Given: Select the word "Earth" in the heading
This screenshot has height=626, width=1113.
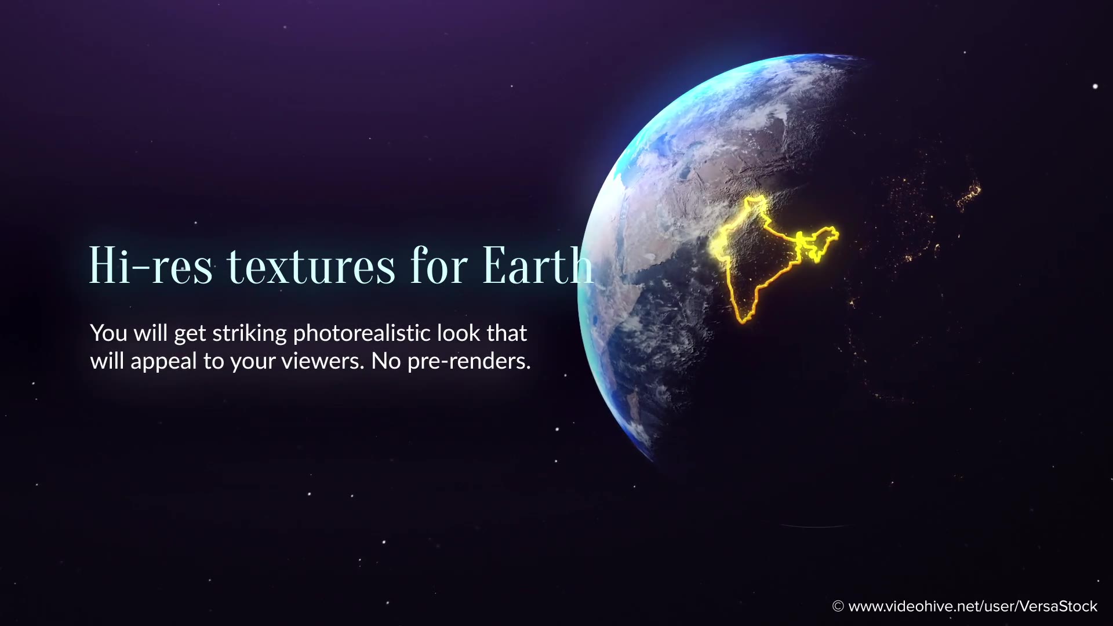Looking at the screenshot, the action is [539, 265].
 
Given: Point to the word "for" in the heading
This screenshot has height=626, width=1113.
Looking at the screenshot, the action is [439, 265].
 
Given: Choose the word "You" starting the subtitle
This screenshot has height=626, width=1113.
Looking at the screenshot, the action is [108, 333].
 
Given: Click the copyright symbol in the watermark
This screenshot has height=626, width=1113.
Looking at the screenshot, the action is [838, 606].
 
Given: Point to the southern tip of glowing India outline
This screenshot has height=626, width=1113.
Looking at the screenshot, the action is [743, 321].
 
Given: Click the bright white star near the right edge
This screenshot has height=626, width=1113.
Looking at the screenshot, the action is [1095, 86].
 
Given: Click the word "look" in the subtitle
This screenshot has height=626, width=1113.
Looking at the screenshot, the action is [459, 333].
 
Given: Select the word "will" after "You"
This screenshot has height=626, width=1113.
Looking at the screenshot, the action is [150, 333].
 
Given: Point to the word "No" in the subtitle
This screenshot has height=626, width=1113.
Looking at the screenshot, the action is [386, 361].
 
